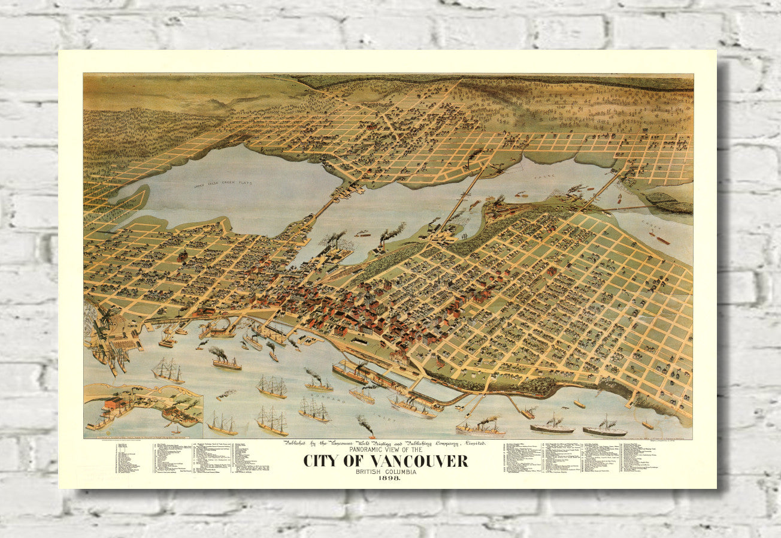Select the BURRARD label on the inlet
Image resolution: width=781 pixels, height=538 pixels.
point(315,396)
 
